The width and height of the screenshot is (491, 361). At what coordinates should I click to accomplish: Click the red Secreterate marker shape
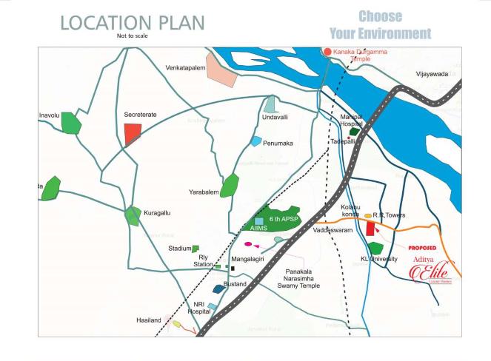(x=133, y=134)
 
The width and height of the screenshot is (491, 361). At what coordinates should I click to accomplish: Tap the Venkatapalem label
(x=186, y=67)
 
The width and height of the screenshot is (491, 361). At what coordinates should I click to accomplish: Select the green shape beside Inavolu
(x=71, y=123)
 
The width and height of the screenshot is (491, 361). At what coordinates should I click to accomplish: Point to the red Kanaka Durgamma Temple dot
(x=327, y=52)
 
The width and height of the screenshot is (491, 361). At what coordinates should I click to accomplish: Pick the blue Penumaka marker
(x=256, y=141)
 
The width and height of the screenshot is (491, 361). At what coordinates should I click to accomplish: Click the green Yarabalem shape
(x=230, y=185)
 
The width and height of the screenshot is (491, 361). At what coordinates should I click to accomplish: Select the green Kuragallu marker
(x=133, y=216)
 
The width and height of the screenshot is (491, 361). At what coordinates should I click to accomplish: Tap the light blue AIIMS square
(x=259, y=221)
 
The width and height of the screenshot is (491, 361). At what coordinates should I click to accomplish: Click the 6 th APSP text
(x=283, y=220)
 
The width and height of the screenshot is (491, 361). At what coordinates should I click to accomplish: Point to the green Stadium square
(x=196, y=249)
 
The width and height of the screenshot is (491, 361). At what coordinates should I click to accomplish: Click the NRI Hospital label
(x=198, y=308)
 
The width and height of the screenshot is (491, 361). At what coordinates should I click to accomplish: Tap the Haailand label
(x=148, y=320)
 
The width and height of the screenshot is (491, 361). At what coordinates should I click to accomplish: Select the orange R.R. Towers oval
(x=368, y=216)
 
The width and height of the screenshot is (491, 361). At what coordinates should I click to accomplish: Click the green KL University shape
(x=375, y=248)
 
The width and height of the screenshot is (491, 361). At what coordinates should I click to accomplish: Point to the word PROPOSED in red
(x=422, y=249)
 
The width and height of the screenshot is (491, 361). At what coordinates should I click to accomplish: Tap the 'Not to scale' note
(x=132, y=36)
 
